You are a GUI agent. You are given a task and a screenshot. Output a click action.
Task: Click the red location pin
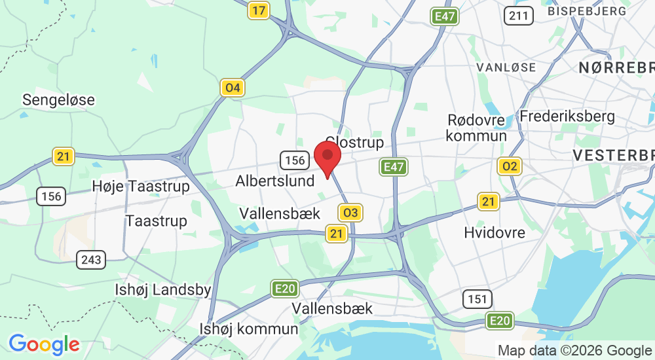328,158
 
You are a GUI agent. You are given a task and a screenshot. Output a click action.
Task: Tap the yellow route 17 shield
259,10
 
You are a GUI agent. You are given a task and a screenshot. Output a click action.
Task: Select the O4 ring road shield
232,88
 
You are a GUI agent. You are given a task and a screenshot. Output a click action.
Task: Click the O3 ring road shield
350,212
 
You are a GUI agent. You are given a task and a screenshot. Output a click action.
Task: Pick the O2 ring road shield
509,166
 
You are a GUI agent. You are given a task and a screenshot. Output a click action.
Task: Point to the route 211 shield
519,15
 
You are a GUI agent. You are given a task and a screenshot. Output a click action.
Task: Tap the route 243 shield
91,260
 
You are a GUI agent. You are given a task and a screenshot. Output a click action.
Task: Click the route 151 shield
477,299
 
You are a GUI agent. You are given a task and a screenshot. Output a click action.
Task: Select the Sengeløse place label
58,100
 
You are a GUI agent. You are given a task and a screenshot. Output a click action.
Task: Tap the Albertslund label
275,181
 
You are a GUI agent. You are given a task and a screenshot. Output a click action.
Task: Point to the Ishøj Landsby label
162,290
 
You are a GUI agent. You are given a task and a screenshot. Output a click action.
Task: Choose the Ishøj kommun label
250,329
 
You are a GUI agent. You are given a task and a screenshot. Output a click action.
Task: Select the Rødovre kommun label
476,128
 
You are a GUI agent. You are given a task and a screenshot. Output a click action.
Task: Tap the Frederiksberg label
567,117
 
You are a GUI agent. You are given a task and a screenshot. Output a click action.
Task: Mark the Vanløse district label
506,67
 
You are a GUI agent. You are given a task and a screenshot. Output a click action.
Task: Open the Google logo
44,344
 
